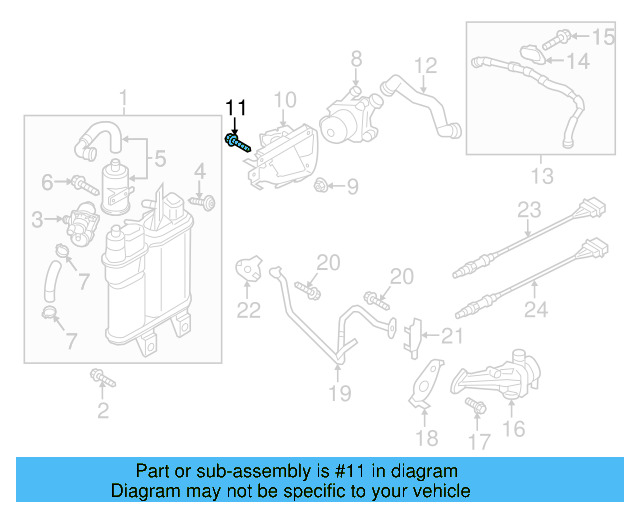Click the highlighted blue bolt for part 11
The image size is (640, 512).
pyautogui.click(x=238, y=145)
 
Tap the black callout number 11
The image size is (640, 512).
pyautogui.click(x=235, y=108)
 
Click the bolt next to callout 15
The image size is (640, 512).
pyautogui.click(x=561, y=38)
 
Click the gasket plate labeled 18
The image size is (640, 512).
pyautogui.click(x=425, y=385)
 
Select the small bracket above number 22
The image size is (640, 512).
pyautogui.click(x=248, y=268)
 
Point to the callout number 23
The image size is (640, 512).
pyautogui.click(x=528, y=210)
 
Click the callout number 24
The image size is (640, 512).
pyautogui.click(x=536, y=310)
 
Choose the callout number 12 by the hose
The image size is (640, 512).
pyautogui.click(x=426, y=66)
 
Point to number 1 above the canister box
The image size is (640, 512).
pyautogui.click(x=123, y=99)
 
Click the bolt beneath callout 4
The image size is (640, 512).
pyautogui.click(x=206, y=202)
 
